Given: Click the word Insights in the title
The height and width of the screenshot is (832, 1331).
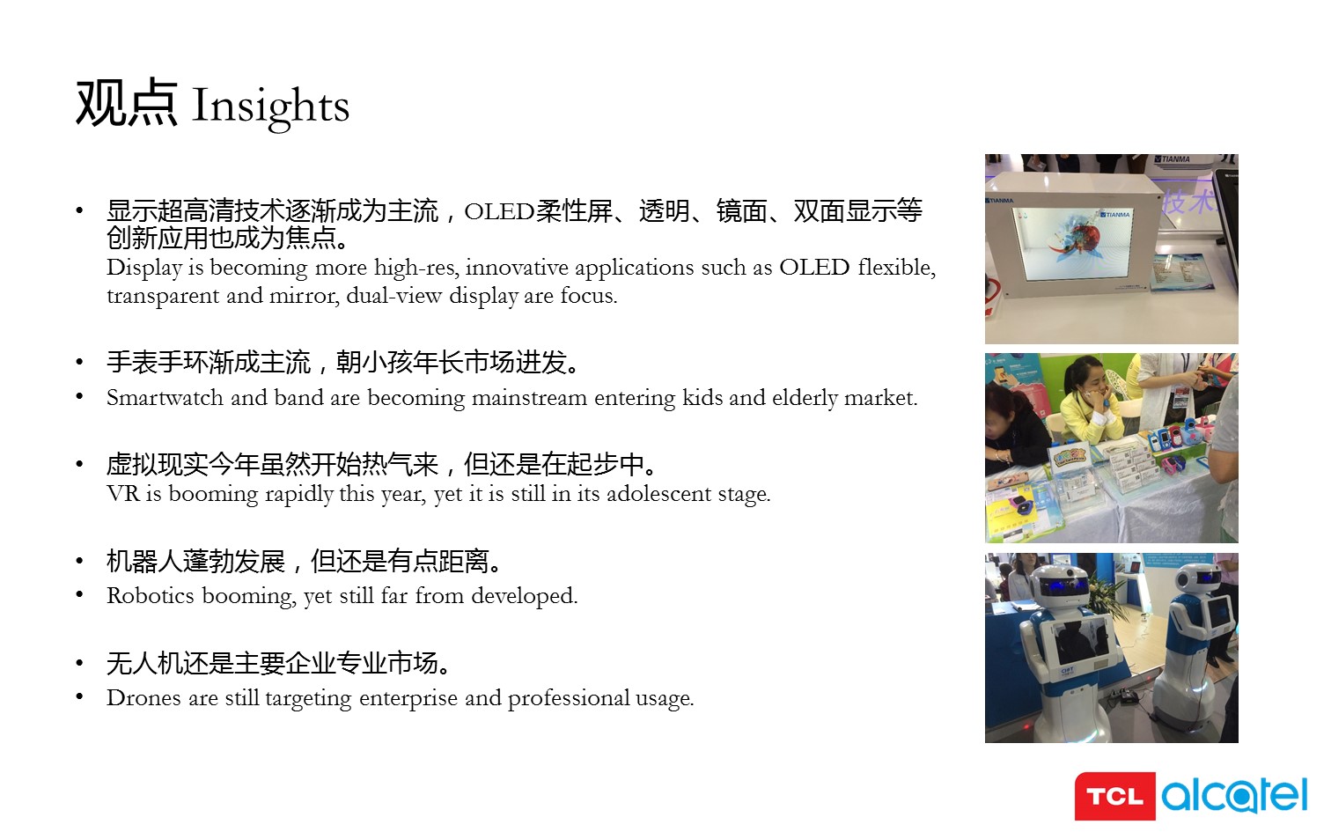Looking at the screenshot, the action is (271, 106).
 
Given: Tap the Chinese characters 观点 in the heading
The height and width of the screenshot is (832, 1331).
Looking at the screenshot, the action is (127, 103).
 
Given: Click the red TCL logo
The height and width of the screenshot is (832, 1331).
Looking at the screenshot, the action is (1114, 796).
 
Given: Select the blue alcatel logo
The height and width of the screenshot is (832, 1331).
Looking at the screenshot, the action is (1234, 794).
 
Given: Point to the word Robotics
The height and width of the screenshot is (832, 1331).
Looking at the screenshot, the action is (151, 595).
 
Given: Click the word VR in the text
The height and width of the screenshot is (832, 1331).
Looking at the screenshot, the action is (123, 494).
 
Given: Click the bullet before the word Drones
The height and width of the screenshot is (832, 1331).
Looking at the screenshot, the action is (79, 696).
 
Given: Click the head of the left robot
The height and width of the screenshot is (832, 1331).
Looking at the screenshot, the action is (1062, 585).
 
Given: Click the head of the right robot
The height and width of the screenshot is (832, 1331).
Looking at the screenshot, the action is (1199, 578).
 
